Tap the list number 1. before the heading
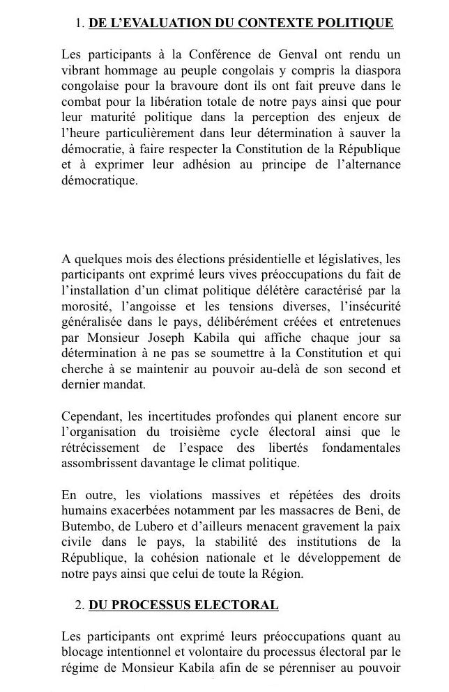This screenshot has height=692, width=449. [x=79, y=24]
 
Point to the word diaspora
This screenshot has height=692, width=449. [x=374, y=70]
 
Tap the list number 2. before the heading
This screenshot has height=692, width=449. [x=79, y=605]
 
